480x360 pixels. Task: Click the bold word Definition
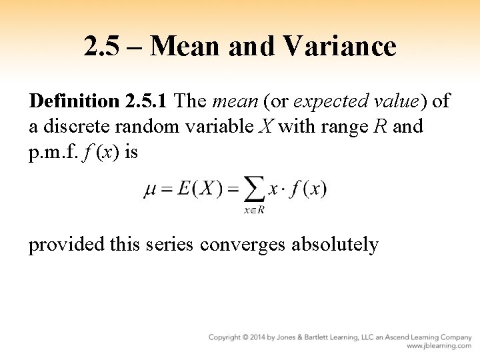coord(73,101)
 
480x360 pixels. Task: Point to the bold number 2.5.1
coord(147,101)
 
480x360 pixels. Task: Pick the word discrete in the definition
coord(74,126)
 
